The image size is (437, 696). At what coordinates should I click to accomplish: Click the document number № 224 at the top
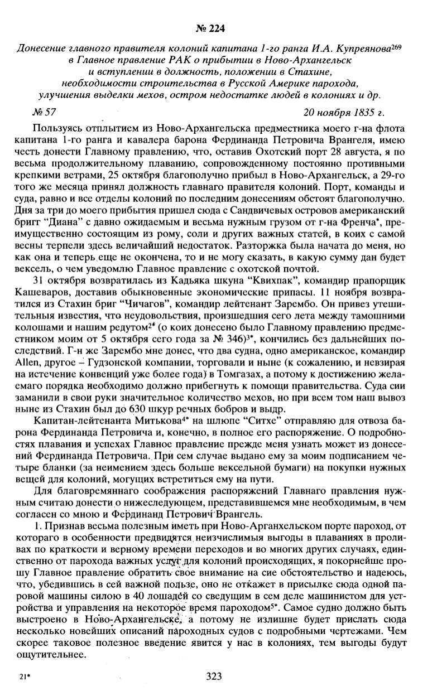[x=218, y=27]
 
